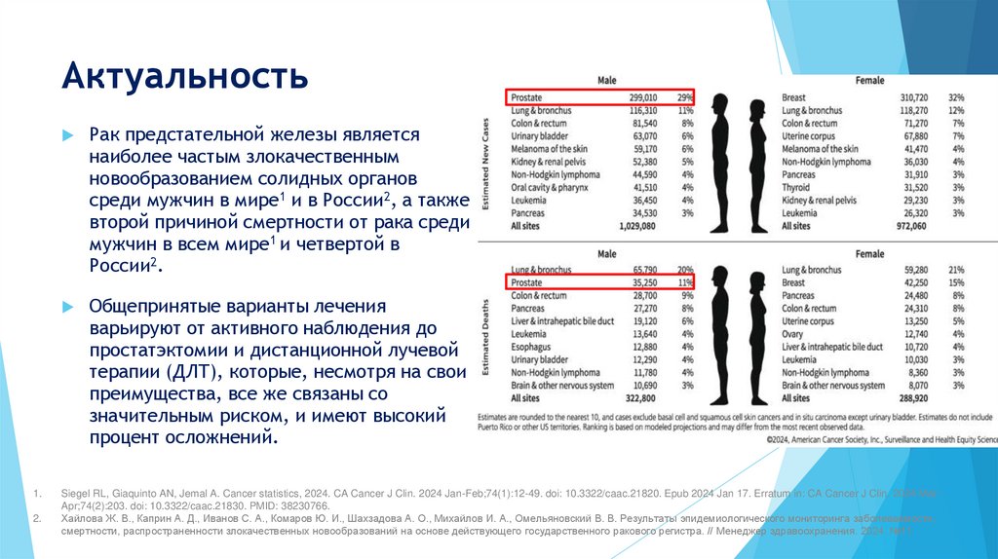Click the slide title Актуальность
[x=185, y=76]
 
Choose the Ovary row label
[x=795, y=333]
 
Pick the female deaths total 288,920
[x=908, y=398]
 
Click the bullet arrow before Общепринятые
[x=67, y=306]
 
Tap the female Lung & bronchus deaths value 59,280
[x=913, y=270]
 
